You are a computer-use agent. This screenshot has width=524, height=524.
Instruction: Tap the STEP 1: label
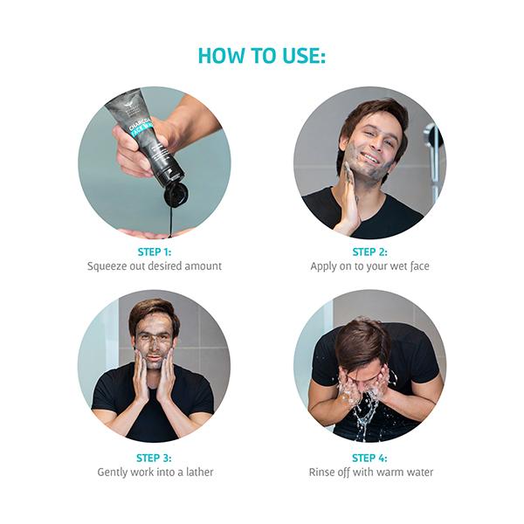(155, 252)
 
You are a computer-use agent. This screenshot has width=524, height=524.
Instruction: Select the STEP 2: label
(370, 252)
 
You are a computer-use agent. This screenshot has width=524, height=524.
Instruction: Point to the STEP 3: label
(154, 458)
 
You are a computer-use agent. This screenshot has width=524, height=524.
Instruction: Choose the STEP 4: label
(369, 458)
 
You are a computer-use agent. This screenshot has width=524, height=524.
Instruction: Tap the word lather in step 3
(200, 472)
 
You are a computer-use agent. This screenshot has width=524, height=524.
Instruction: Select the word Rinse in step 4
(321, 472)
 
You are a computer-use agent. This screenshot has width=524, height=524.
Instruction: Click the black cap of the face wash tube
(176, 193)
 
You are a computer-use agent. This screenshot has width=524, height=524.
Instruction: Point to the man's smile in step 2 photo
(370, 157)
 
